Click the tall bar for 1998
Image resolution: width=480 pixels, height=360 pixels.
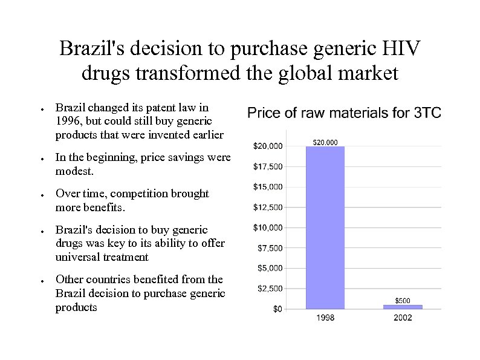point(325,227)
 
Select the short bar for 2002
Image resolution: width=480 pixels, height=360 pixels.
point(402,307)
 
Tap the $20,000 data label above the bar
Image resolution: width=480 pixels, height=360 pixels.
point(325,142)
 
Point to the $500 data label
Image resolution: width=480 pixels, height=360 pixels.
point(403,300)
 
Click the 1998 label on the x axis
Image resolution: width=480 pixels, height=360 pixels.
point(325,318)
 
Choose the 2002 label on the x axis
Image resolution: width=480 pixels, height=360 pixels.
point(402,318)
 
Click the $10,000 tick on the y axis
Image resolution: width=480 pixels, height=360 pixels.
point(267,227)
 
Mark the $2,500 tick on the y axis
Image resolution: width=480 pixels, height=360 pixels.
point(270,289)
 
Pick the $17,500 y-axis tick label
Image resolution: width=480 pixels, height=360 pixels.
point(267,166)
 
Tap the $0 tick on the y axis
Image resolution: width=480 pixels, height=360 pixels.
point(277,309)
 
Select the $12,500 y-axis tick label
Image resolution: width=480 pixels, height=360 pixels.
point(267,207)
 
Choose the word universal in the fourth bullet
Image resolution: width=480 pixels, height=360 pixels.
point(78,257)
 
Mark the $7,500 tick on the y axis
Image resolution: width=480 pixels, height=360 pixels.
point(270,248)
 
